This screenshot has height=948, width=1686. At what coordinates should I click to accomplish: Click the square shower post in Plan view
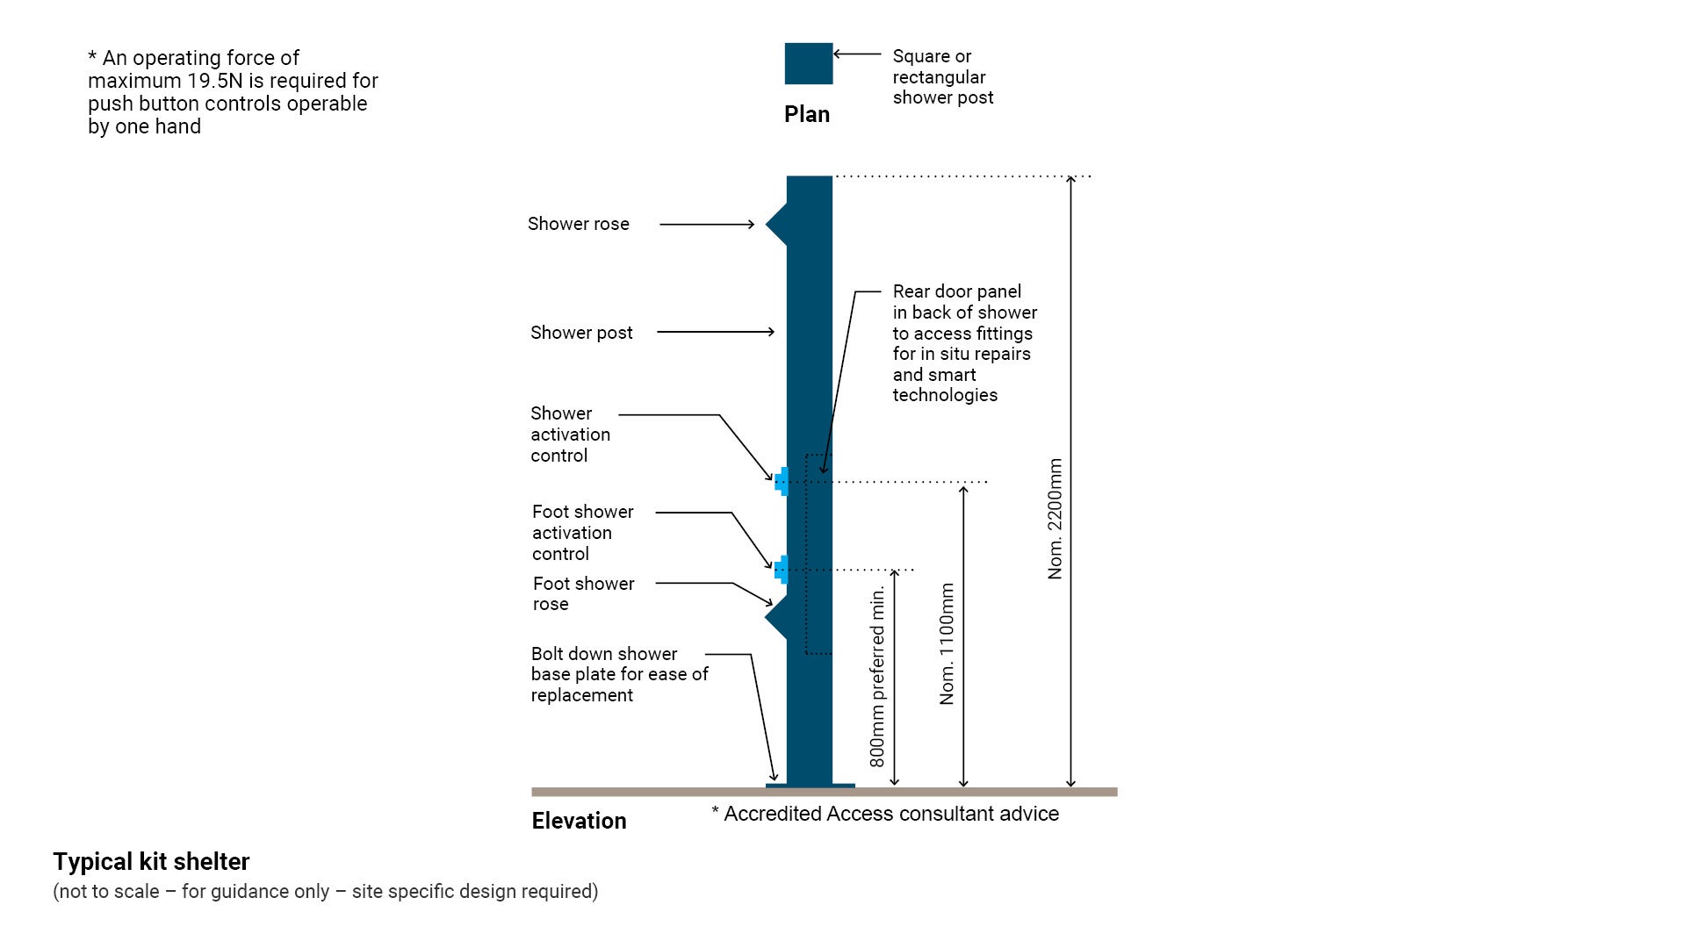click(808, 63)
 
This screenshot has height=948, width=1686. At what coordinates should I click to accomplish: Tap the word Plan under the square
click(806, 114)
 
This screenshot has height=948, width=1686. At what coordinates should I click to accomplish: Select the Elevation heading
click(579, 821)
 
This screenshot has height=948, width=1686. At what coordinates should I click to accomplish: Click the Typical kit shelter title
click(151, 861)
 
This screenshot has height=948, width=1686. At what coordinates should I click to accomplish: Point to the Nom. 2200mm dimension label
click(1055, 518)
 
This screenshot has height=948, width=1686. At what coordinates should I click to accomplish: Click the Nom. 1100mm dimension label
click(947, 643)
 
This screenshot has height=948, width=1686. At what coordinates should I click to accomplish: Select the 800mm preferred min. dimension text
click(877, 676)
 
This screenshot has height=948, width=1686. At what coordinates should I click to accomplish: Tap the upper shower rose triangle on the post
click(776, 225)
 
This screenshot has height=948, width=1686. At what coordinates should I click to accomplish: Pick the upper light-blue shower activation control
click(782, 481)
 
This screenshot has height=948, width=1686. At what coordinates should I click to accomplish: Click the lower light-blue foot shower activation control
click(782, 570)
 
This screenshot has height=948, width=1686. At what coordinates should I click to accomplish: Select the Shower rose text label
click(578, 224)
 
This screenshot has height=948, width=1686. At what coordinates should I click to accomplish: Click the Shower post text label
click(580, 333)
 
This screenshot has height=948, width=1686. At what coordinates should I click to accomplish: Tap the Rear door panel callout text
click(963, 343)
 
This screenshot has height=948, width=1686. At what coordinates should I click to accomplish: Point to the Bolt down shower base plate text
click(618, 674)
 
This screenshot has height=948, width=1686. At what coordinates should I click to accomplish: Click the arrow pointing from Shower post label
click(715, 332)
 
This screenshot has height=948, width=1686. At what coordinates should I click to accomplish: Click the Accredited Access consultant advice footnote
click(885, 814)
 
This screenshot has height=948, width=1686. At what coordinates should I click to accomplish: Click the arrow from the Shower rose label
click(707, 225)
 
